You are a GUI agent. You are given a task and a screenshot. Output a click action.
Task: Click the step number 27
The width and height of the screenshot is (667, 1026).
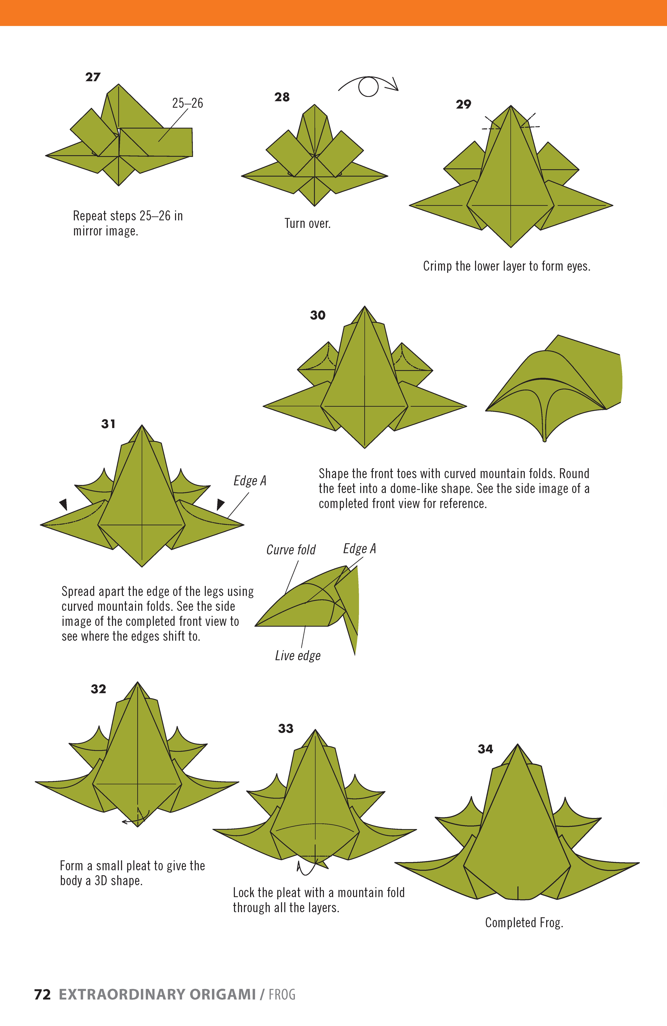pyautogui.click(x=93, y=77)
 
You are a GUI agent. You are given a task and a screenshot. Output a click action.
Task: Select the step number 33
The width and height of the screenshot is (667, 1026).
pyautogui.click(x=285, y=729)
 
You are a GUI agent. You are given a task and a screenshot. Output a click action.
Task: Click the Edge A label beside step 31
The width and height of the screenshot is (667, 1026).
pyautogui.click(x=250, y=481)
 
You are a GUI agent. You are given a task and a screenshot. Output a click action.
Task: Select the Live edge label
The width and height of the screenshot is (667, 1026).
pyautogui.click(x=297, y=656)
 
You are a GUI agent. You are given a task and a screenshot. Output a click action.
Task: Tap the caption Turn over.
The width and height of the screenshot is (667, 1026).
pyautogui.click(x=307, y=223)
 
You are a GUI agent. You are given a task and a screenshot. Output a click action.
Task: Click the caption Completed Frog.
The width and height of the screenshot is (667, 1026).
pyautogui.click(x=524, y=923)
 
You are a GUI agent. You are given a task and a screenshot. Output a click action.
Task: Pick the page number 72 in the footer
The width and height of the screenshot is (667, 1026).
pyautogui.click(x=42, y=995)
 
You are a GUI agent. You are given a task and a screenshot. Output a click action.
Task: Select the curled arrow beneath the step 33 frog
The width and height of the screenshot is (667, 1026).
pyautogui.click(x=306, y=867)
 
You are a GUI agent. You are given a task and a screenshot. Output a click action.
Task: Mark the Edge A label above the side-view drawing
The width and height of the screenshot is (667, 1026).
pyautogui.click(x=359, y=549)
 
